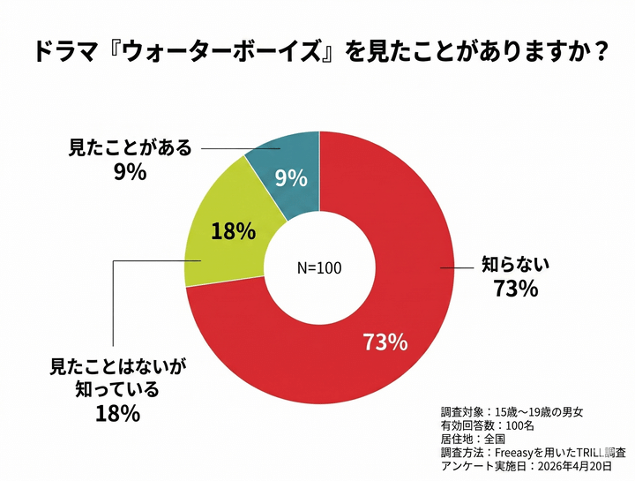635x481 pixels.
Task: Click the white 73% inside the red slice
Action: (x=385, y=342)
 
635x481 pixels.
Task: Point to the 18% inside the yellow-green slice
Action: (x=234, y=231)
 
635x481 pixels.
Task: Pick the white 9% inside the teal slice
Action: (x=291, y=178)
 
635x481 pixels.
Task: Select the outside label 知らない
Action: (x=514, y=263)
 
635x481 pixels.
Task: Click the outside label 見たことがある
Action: (x=130, y=147)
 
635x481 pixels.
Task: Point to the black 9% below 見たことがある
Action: (x=130, y=172)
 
